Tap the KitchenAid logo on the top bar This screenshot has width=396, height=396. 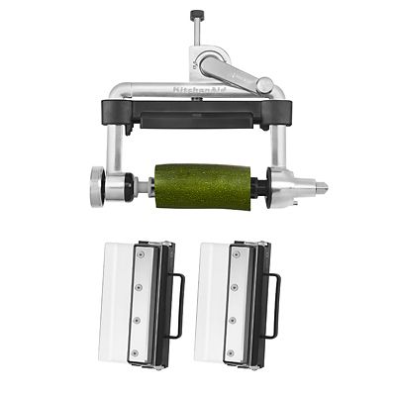point(198,89)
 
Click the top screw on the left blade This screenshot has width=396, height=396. point(140,256)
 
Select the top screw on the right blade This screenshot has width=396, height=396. point(235,256)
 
